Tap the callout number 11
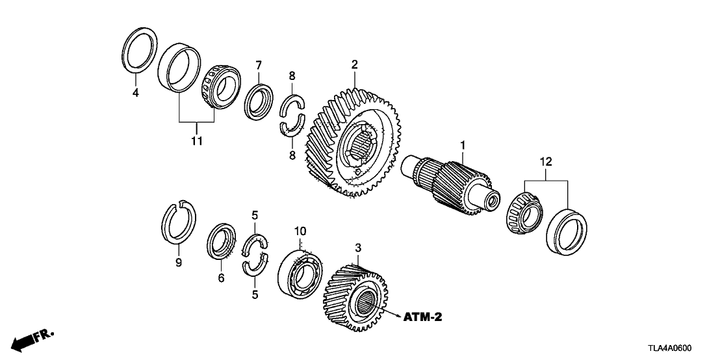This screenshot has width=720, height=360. coord(197,140)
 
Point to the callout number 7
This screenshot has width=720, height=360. coord(258,65)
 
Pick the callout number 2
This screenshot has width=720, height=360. coord(355,64)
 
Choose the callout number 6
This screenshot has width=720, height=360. coord(221,278)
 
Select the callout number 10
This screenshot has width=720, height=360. coord(300,231)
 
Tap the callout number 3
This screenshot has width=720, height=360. coord(357,248)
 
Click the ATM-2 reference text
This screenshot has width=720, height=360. coord(422,318)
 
